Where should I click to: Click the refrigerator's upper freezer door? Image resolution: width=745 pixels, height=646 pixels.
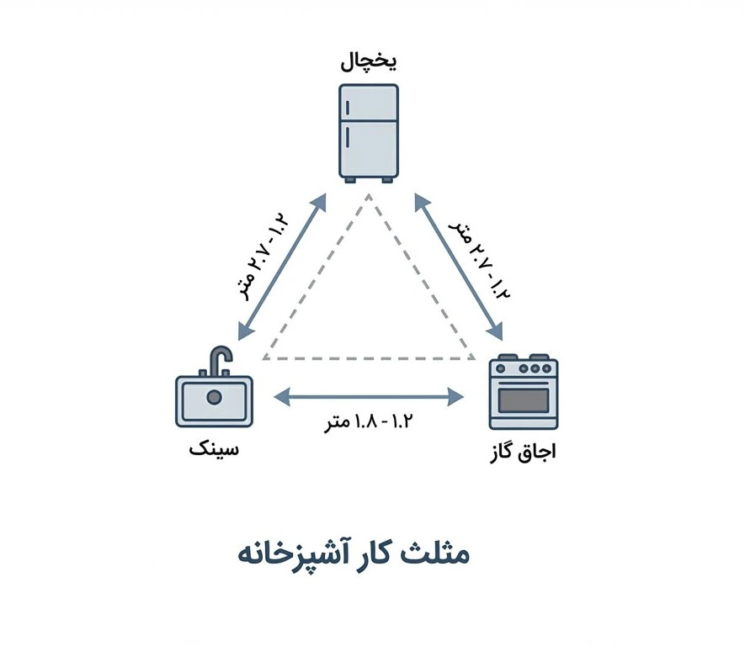coord(369,103)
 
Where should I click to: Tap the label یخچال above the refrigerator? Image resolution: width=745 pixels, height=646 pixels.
coord(368,63)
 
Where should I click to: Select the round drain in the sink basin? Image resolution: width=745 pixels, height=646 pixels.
coord(214,397)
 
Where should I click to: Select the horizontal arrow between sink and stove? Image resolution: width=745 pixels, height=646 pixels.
coord(370,393)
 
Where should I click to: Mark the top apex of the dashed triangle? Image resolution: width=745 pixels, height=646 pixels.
coord(369,195)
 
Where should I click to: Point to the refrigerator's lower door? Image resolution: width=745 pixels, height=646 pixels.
coord(369,148)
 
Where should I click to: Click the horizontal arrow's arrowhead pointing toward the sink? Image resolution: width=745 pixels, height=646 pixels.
coord(281,393)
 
